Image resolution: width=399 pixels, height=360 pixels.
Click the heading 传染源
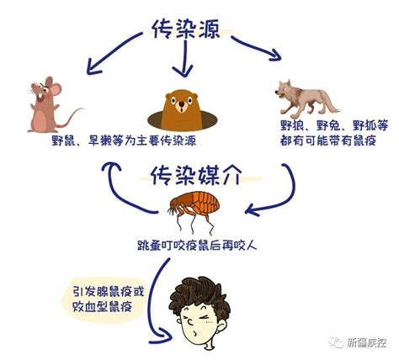(186, 29)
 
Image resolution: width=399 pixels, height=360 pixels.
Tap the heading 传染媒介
(196, 176)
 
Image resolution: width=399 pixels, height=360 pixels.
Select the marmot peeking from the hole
(183, 110)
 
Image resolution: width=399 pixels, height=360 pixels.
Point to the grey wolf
(306, 98)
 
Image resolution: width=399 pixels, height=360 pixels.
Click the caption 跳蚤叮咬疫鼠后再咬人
(197, 246)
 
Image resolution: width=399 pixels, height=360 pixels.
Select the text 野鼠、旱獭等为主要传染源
(124, 140)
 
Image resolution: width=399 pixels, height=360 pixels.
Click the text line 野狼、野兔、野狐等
(334, 125)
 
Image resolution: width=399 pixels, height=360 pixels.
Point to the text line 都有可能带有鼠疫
(328, 140)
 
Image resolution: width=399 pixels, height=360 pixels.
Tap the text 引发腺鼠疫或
(109, 292)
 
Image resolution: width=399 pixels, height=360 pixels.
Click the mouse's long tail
(69, 118)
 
